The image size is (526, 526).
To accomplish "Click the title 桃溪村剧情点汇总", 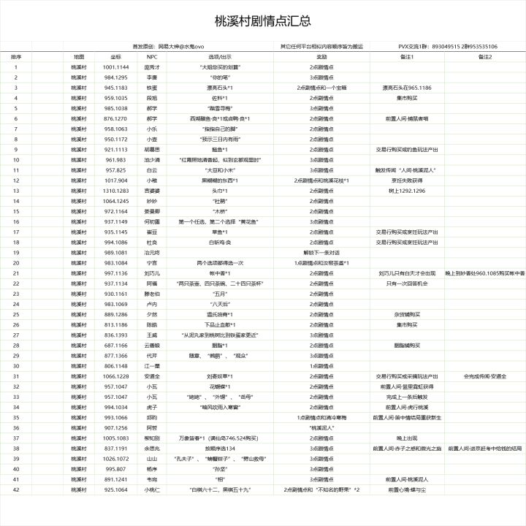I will click(264, 20).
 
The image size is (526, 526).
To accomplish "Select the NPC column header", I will click(152, 56).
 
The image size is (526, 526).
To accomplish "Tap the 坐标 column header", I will click(115, 56).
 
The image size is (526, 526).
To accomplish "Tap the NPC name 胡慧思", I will click(152, 149).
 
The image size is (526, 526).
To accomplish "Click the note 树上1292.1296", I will click(406, 190).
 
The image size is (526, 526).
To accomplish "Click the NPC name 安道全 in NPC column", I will click(152, 376).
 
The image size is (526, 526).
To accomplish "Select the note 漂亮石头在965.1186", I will click(406, 87).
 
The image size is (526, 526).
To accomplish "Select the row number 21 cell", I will click(15, 272).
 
